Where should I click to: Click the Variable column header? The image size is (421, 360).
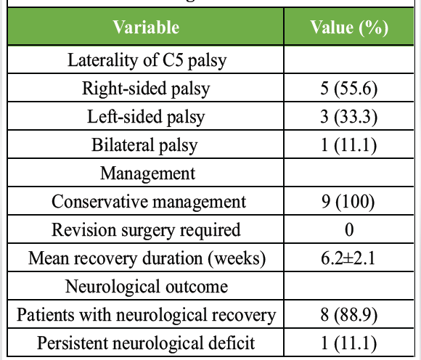tap(146, 27)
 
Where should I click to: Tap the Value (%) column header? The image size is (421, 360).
tap(349, 28)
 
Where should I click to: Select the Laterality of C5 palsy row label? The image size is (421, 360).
tap(147, 60)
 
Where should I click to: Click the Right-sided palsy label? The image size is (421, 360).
tap(146, 89)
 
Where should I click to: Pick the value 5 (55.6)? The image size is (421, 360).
tap(348, 89)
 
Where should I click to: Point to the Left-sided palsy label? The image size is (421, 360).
tap(146, 118)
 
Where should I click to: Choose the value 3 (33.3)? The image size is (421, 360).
tap(348, 118)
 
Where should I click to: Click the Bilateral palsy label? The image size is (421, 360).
tap(144, 145)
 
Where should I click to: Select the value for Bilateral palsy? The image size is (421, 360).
tap(348, 145)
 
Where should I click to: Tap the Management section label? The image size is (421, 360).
tap(147, 173)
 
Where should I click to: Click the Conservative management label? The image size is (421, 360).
tap(149, 202)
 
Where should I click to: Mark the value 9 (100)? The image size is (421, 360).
tap(348, 202)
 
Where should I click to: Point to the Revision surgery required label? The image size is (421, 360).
tap(146, 230)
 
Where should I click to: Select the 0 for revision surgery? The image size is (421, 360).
tap(349, 230)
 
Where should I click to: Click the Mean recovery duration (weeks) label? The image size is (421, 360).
tap(147, 258)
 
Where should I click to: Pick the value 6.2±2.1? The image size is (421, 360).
tap(348, 259)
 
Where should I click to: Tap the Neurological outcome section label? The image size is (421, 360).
tap(147, 287)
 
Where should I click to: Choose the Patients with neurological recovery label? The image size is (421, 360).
tap(147, 315)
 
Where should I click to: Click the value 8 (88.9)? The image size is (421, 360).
tap(348, 315)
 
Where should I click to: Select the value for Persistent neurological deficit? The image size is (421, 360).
tap(348, 343)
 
